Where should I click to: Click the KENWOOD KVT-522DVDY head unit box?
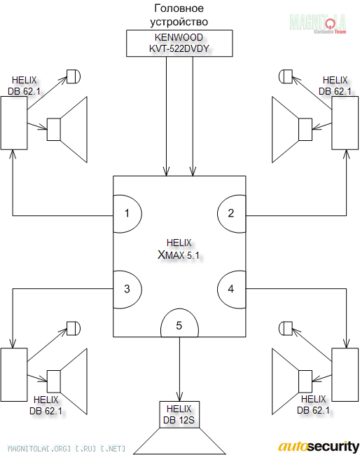(x=179, y=43)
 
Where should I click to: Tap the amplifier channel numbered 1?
(x=127, y=214)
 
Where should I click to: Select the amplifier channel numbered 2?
(x=231, y=214)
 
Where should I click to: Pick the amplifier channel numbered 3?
(x=127, y=290)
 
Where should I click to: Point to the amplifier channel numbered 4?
(x=231, y=290)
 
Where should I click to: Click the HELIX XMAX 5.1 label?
(x=179, y=249)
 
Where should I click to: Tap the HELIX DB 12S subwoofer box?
(x=179, y=414)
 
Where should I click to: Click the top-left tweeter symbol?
(x=74, y=76)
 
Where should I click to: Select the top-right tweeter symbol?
(x=286, y=76)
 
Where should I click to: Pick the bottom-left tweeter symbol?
(x=74, y=328)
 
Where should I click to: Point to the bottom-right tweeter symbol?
(x=286, y=328)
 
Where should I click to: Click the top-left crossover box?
(x=14, y=123)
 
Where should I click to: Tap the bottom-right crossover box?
(x=345, y=374)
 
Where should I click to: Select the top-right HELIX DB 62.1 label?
(x=335, y=86)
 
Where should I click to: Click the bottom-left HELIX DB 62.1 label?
(x=46, y=405)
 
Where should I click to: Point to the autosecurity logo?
(x=319, y=447)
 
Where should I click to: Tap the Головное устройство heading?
(x=179, y=15)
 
